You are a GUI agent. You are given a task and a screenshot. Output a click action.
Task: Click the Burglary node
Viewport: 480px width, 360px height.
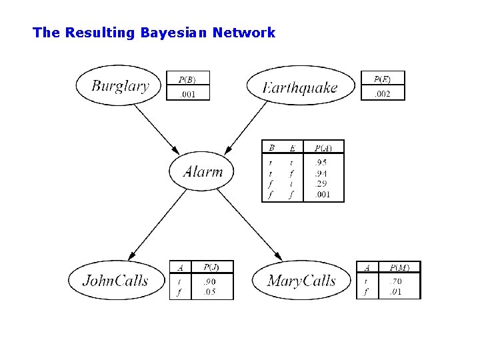121,85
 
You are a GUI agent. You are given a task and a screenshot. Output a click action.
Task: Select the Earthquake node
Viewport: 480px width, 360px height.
301,87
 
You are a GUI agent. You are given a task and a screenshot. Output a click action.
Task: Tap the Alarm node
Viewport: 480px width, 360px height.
203,171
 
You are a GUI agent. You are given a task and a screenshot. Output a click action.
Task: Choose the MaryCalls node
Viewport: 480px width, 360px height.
301,281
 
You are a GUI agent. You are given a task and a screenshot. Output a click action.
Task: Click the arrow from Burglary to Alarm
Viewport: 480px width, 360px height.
157,128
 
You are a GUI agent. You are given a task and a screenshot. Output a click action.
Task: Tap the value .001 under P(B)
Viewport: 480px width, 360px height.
188,94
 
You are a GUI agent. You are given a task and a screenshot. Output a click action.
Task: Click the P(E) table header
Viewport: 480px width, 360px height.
383,79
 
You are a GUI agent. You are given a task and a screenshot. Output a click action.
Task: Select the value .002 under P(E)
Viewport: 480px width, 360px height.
383,94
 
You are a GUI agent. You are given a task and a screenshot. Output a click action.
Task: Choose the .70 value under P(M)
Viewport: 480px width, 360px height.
395,281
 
